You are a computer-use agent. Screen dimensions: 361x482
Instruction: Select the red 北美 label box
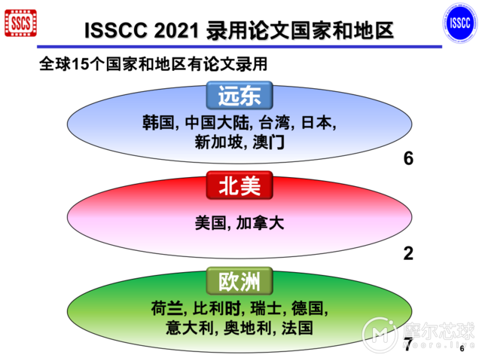(239, 187)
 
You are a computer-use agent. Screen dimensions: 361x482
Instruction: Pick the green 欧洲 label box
(239, 282)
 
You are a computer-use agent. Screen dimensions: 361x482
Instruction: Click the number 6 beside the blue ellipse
(409, 159)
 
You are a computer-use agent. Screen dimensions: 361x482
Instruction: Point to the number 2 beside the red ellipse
(409, 253)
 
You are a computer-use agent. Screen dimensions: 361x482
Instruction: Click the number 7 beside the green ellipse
(407, 346)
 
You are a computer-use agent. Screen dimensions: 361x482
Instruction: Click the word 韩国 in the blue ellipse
(157, 122)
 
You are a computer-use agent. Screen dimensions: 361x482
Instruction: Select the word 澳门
(268, 141)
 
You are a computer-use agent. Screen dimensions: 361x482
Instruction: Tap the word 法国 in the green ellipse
(296, 328)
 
